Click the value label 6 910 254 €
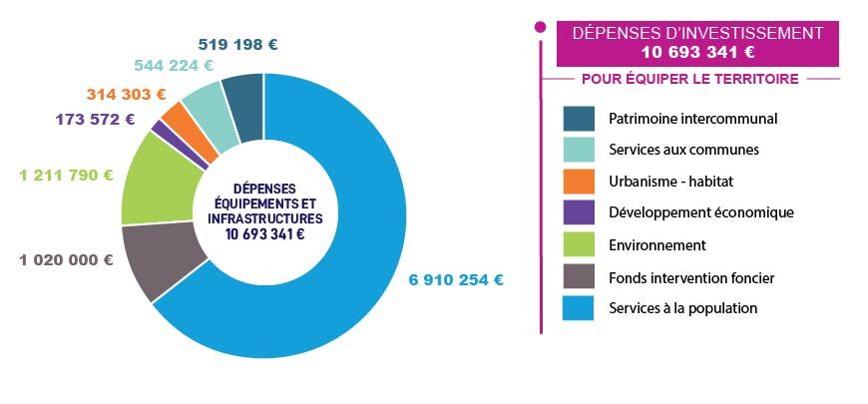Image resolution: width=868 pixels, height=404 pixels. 456,280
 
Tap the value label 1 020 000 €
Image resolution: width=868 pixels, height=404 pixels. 66,260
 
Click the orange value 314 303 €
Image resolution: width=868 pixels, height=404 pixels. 126,95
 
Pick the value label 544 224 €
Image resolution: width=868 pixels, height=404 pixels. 174,66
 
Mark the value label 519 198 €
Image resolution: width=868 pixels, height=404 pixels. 237,44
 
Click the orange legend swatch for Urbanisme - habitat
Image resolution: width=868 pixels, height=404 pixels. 579,183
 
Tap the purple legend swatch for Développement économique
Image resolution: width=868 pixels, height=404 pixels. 579,213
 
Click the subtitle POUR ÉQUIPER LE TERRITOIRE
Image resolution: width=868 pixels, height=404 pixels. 689,79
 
